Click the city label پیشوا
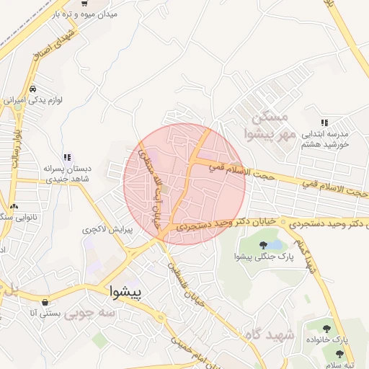pos(128,292)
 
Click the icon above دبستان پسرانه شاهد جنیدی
pos(66,157)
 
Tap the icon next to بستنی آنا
pos(47,302)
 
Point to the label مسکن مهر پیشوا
pos(267,124)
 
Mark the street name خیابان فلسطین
pos(187,284)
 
